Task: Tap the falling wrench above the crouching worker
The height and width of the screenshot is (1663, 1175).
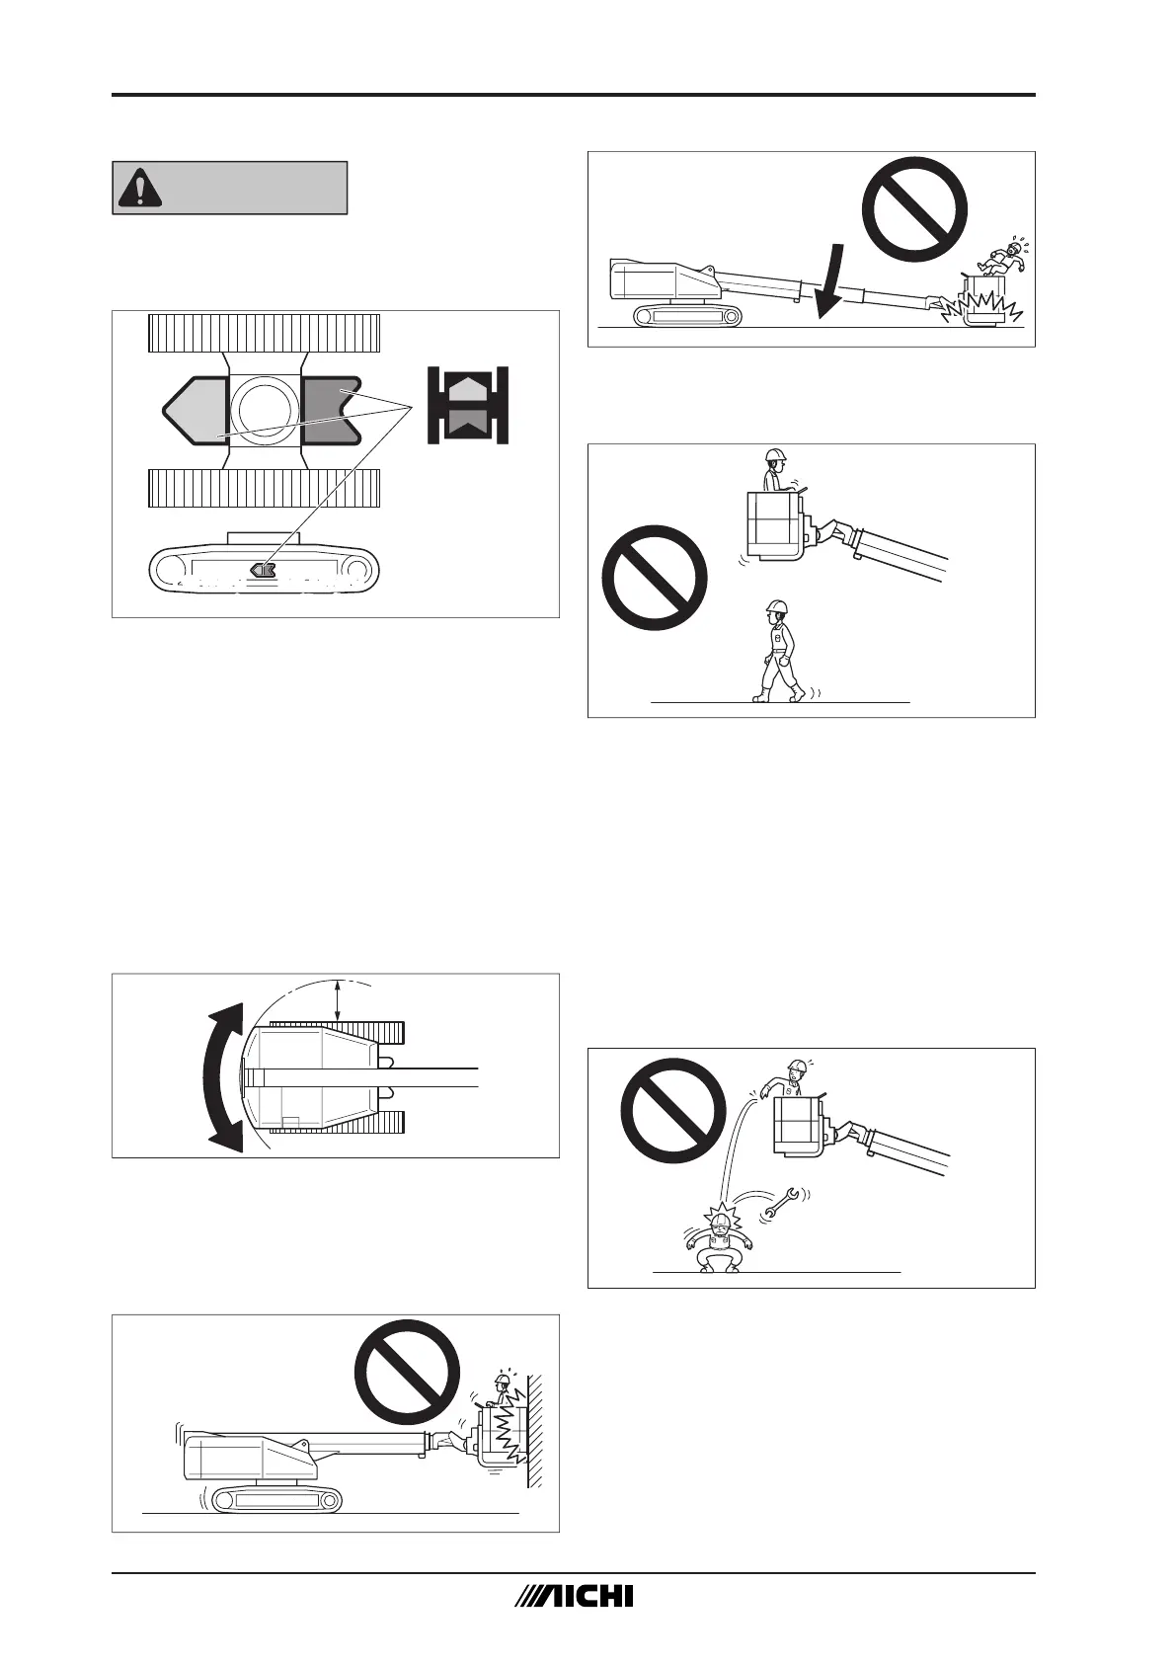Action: [782, 1201]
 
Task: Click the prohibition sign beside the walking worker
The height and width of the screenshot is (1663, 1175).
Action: [655, 578]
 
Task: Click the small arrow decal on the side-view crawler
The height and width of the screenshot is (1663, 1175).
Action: [263, 569]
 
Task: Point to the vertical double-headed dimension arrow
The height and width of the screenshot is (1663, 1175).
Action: [339, 999]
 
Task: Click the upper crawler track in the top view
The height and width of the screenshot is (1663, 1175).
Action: [264, 332]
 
